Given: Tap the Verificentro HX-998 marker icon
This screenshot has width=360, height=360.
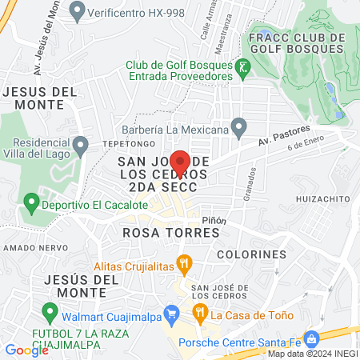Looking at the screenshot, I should [78, 10].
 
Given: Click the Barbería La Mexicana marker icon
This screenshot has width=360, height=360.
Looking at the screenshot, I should [238, 126].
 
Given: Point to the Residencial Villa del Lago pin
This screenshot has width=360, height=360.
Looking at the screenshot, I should [80, 146].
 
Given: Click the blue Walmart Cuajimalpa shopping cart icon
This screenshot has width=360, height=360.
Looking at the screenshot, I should [170, 312].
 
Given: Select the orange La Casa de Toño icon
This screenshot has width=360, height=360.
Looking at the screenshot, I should [201, 313].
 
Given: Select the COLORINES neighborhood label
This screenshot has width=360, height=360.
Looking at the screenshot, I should [251, 254].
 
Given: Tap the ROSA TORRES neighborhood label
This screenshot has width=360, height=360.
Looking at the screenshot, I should [171, 233].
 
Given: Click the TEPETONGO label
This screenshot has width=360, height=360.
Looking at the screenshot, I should [122, 142].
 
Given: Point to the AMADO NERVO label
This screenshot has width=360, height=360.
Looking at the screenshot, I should [27, 249].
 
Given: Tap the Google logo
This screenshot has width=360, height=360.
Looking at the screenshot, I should [26, 350].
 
